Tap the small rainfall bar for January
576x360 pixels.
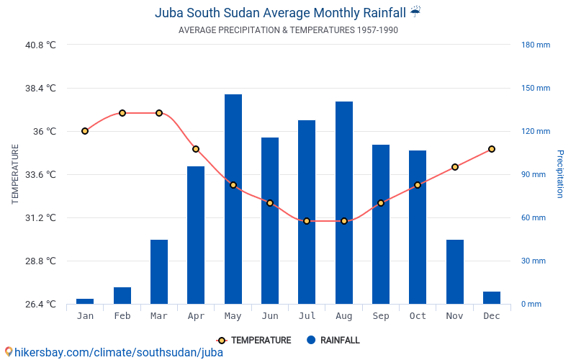(85, 301)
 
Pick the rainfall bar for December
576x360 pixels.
(492, 297)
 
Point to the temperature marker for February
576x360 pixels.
(122, 113)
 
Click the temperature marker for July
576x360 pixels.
(307, 221)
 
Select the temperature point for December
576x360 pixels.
(492, 149)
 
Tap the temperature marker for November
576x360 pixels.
(455, 167)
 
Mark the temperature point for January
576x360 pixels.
(85, 131)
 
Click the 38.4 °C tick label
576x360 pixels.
(40, 88)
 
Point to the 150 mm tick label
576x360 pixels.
(536, 88)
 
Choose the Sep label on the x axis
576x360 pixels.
(381, 316)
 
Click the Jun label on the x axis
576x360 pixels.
(270, 316)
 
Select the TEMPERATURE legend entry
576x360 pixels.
(254, 341)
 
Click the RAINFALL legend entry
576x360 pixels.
(332, 341)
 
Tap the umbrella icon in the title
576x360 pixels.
(415, 12)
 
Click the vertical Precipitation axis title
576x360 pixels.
(559, 174)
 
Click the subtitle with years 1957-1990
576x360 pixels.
(288, 30)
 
